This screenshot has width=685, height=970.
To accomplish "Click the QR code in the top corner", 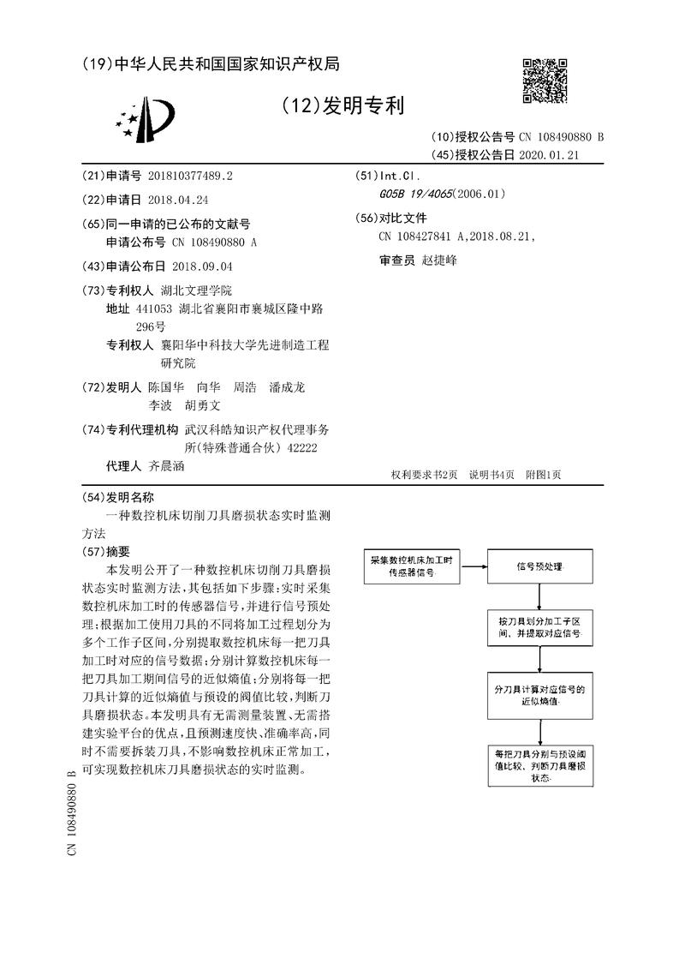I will pyautogui.click(x=544, y=81).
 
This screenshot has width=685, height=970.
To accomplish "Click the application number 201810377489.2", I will pyautogui.click(x=188, y=176).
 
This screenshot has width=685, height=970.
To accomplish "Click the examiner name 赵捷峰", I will pyautogui.click(x=440, y=260).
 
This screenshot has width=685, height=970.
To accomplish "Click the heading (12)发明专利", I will pyautogui.click(x=342, y=106).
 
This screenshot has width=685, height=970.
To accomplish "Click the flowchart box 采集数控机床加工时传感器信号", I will pyautogui.click(x=415, y=566).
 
